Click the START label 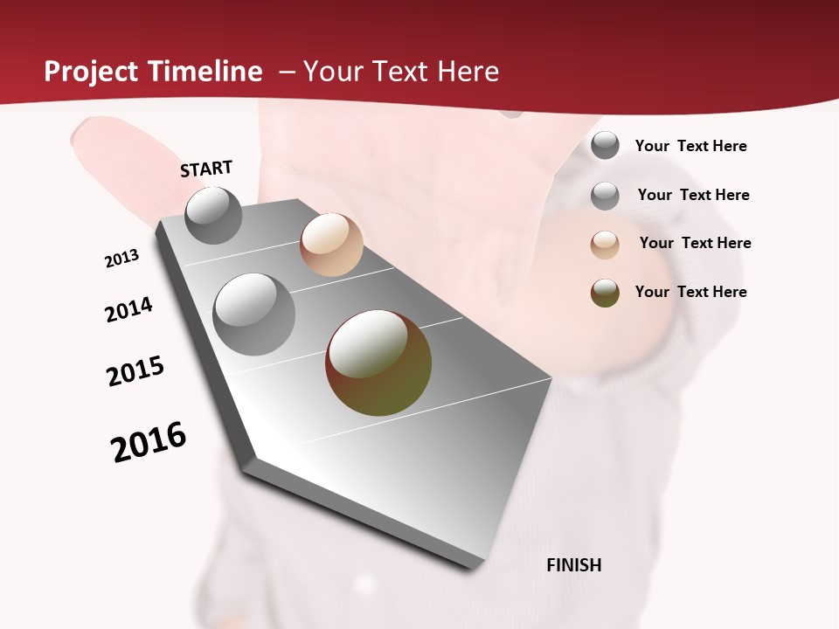pyautogui.click(x=206, y=169)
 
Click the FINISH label pyautogui.click(x=574, y=565)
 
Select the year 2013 pyautogui.click(x=121, y=259)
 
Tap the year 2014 pyautogui.click(x=128, y=309)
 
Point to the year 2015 pyautogui.click(x=135, y=371)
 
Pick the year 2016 pyautogui.click(x=149, y=441)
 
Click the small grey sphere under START pyautogui.click(x=213, y=215)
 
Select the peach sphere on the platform pyautogui.click(x=331, y=245)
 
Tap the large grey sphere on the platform pyautogui.click(x=253, y=314)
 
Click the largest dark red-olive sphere pyautogui.click(x=378, y=363)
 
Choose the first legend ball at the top pyautogui.click(x=605, y=145)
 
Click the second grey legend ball pyautogui.click(x=605, y=196)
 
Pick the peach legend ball pyautogui.click(x=605, y=245)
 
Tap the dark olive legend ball pyautogui.click(x=605, y=293)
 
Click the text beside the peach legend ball pyautogui.click(x=695, y=243)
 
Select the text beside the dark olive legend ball pyautogui.click(x=690, y=292)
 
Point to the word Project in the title pyautogui.click(x=90, y=72)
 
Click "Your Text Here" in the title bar pyautogui.click(x=401, y=72)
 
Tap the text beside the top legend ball pyautogui.click(x=690, y=146)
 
